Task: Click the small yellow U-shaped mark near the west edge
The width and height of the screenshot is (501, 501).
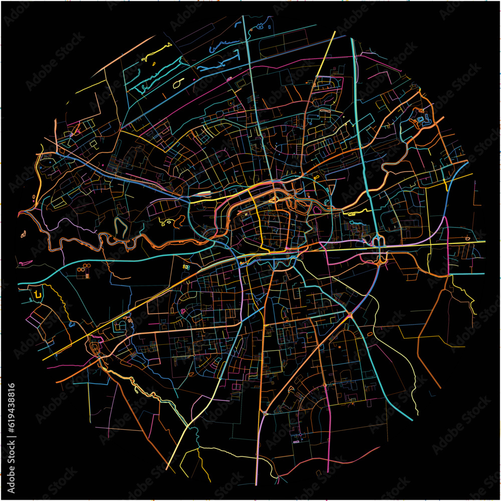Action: pyautogui.click(x=38, y=294)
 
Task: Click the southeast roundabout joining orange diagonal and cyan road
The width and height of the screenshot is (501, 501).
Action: pyautogui.click(x=349, y=315)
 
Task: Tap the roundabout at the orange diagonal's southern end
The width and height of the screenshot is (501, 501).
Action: pyautogui.click(x=264, y=414)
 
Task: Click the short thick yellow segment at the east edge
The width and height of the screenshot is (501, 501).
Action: pyautogui.click(x=445, y=184)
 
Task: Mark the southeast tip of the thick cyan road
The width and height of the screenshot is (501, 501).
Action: pyautogui.click(x=412, y=419)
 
